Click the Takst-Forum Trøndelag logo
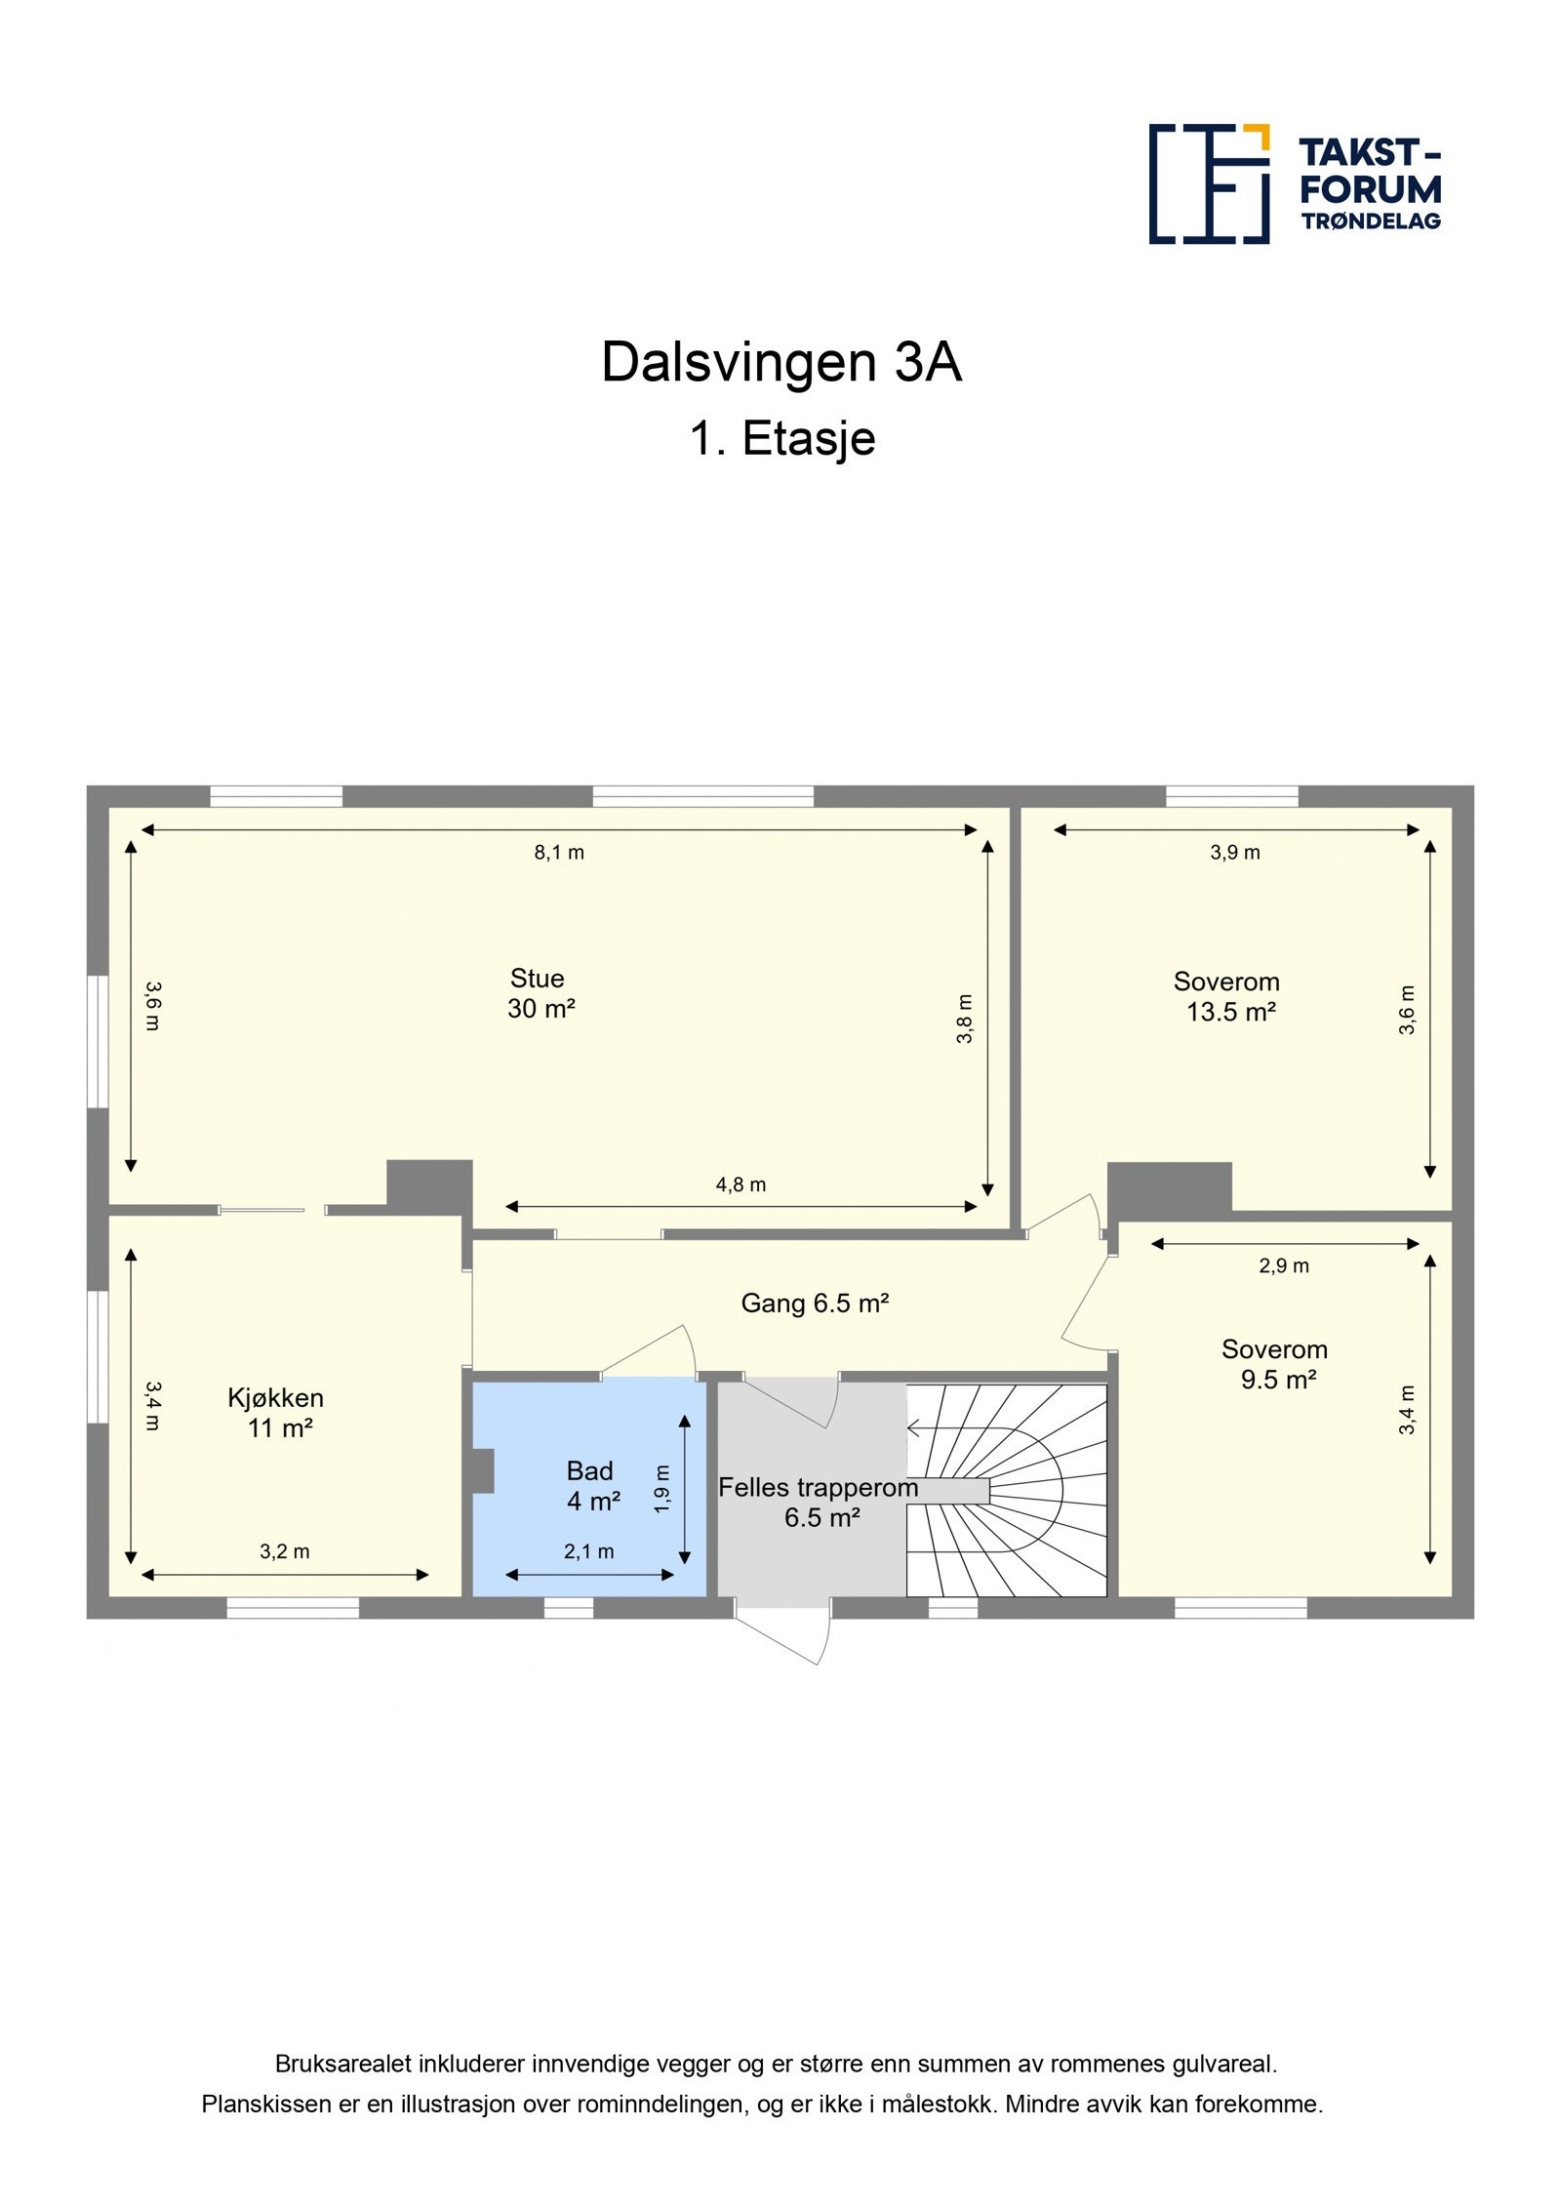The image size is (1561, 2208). [1294, 183]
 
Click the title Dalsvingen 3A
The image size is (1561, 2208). [780, 362]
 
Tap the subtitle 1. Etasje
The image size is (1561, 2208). [781, 438]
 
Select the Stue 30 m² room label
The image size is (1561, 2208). [540, 993]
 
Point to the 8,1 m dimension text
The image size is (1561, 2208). [558, 853]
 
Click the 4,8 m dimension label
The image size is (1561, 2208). [740, 1184]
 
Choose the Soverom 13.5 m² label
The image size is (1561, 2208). [1228, 996]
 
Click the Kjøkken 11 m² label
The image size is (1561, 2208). [276, 1413]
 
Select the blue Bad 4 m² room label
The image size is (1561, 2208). [591, 1485]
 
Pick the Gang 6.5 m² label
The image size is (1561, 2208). [815, 1304]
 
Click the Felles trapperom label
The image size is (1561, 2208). [818, 1488]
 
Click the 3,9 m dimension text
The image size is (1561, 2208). [1234, 853]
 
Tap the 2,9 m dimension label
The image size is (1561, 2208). [1283, 1266]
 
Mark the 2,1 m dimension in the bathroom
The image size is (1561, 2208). [588, 1551]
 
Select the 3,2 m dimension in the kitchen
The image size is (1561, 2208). [284, 1551]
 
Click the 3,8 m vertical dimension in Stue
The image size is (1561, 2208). [964, 1019]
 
